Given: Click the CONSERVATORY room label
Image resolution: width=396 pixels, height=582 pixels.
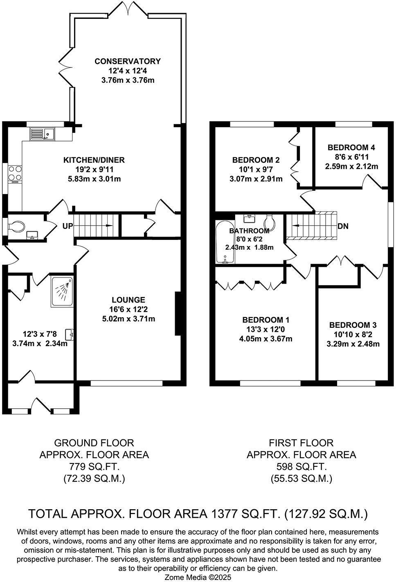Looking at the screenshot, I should click(128, 61).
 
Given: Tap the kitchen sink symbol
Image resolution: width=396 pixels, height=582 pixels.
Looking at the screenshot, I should click(42, 134).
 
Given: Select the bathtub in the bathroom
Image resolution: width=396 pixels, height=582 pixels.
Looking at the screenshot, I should click(225, 243).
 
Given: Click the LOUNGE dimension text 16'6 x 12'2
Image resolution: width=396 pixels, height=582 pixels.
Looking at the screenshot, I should click(128, 309).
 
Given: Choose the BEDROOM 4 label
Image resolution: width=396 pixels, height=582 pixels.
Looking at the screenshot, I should click(351, 148).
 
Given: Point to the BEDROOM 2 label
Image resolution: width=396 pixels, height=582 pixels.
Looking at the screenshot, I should click(256, 160).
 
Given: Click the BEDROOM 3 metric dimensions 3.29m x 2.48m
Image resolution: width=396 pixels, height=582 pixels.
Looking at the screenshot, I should click(353, 344).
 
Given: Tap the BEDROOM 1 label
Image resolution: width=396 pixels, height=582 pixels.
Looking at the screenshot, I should click(265, 320).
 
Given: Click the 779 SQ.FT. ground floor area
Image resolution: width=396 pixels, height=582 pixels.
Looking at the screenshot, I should click(94, 467).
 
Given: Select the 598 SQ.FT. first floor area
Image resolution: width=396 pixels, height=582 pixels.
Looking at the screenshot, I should click(301, 467).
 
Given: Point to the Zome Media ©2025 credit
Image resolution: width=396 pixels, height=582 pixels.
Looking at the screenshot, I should click(198, 577).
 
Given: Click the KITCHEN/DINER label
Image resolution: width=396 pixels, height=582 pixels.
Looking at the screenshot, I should click(94, 160).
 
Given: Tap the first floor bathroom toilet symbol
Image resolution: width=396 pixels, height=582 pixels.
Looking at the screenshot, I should click(269, 222).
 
